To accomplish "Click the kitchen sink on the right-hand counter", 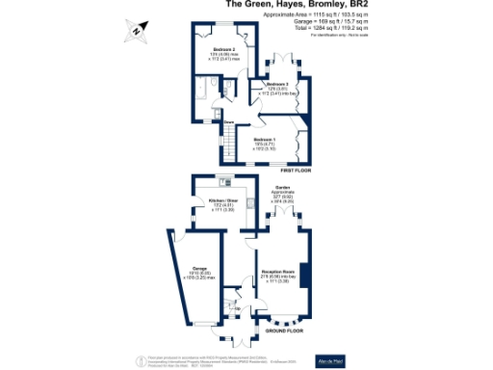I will coord(248,203).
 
